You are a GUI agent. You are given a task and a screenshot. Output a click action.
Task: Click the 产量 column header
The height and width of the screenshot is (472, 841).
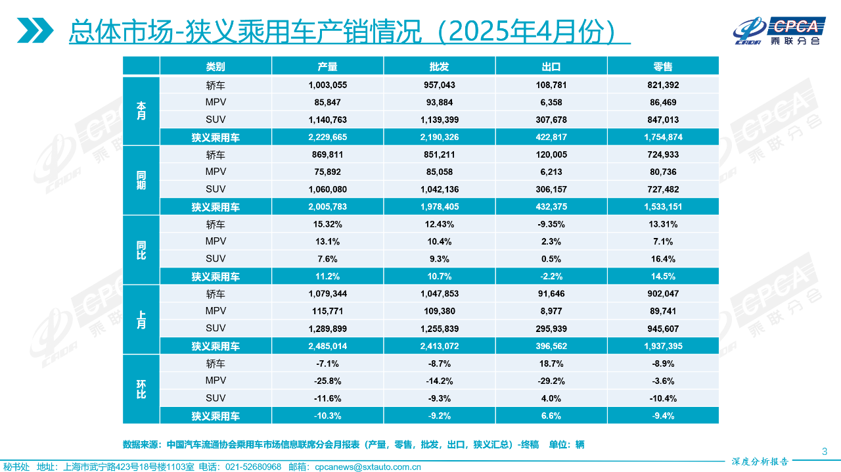click(327, 66)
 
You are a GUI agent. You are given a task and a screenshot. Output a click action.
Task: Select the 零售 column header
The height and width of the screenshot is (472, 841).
click(662, 66)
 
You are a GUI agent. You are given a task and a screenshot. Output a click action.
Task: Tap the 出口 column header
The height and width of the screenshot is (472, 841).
click(551, 66)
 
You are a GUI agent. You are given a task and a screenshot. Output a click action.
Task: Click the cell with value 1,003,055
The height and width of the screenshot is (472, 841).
click(327, 85)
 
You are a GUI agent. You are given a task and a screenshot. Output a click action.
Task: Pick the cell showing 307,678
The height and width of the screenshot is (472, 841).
click(551, 120)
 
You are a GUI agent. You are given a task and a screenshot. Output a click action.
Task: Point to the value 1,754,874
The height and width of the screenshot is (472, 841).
click(662, 137)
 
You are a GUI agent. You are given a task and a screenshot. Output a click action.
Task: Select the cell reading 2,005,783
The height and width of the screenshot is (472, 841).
click(327, 206)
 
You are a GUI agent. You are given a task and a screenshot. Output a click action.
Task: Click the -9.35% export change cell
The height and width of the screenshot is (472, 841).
click(551, 224)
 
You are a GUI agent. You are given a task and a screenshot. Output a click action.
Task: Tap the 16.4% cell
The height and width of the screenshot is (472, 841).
click(662, 259)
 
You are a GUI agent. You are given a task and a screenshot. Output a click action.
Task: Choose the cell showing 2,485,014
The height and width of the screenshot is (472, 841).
click(327, 346)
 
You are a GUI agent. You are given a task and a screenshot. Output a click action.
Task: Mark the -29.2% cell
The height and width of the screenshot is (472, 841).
click(551, 381)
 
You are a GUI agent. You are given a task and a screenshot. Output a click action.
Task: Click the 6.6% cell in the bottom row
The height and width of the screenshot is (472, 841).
click(551, 415)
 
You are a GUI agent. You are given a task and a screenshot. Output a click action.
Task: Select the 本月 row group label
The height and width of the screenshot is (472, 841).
click(141, 110)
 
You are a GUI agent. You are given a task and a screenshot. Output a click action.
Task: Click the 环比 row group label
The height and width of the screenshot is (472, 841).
click(141, 389)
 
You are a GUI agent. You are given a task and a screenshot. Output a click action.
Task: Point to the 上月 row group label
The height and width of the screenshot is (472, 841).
click(141, 319)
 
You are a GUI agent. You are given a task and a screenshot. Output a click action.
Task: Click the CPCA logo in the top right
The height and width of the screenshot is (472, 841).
click(778, 30)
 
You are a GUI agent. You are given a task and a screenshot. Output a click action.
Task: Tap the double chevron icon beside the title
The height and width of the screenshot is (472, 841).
click(35, 30)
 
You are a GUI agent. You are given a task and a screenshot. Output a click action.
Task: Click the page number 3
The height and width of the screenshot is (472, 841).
click(825, 451)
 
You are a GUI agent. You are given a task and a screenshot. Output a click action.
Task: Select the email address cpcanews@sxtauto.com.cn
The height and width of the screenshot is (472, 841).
click(367, 467)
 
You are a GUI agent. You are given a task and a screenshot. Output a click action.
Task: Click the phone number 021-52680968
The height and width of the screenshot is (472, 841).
click(253, 467)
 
